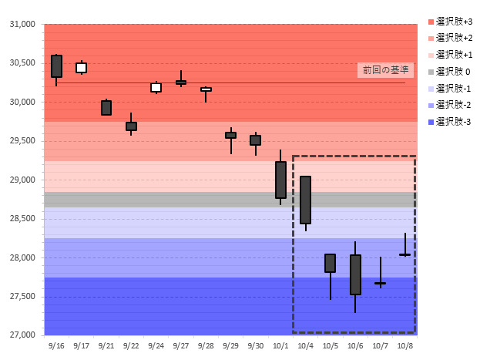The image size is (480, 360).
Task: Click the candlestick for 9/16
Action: (x=56, y=66)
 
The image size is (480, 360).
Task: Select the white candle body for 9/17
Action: (x=81, y=68)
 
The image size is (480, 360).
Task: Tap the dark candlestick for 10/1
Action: (x=280, y=180)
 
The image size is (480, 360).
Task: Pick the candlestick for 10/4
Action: (x=305, y=200)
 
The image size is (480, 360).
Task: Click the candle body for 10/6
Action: (x=355, y=274)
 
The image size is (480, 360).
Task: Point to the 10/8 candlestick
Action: (x=404, y=254)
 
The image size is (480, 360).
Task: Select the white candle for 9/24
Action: (x=156, y=87)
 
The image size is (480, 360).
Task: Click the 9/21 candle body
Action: (x=106, y=108)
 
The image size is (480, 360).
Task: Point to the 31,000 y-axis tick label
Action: (x=22, y=25)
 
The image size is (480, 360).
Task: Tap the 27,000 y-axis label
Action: (x=22, y=335)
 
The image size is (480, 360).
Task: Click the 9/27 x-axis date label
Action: (x=181, y=346)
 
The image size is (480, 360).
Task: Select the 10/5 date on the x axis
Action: (x=331, y=346)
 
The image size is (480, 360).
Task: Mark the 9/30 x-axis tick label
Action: (x=255, y=346)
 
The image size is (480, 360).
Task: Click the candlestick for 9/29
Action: (x=230, y=135)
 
